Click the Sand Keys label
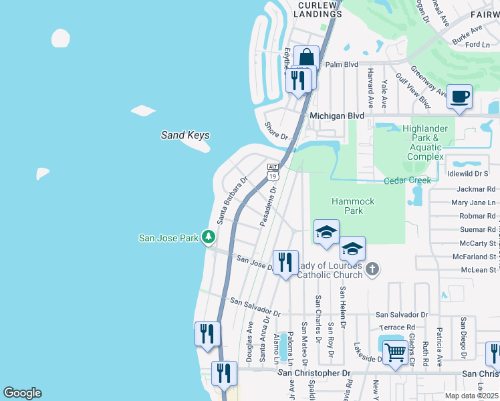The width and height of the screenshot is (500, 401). pyautogui.click(x=185, y=135)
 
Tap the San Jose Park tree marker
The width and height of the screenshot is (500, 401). pyautogui.click(x=209, y=237)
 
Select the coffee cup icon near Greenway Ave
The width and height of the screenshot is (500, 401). pyautogui.click(x=460, y=96)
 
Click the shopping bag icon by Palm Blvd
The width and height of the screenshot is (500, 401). pyautogui.click(x=306, y=58)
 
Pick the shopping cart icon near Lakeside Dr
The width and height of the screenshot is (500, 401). pyautogui.click(x=395, y=351)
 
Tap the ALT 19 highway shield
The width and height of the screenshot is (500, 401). pyautogui.click(x=272, y=172)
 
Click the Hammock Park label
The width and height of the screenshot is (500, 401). pyautogui.click(x=354, y=206)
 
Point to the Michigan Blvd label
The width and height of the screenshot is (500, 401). pyautogui.click(x=337, y=116)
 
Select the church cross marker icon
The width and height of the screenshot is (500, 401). pyautogui.click(x=372, y=269)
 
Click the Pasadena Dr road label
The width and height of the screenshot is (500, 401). pyautogui.click(x=269, y=206)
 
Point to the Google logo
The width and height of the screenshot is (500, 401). pyautogui.click(x=22, y=393)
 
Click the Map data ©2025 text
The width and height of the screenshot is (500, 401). pyautogui.click(x=472, y=396)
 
